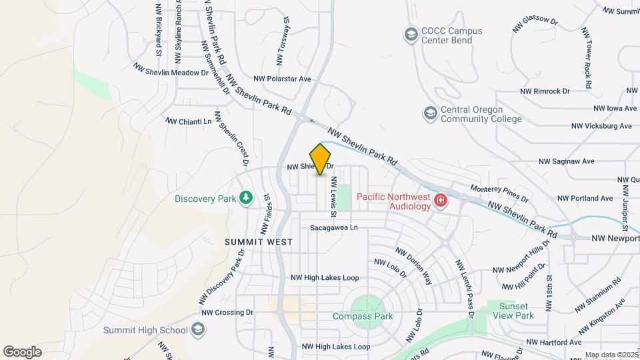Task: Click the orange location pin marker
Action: [x=321, y=159]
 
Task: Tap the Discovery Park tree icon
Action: [x=247, y=198]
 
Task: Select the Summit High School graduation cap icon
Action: [x=198, y=329]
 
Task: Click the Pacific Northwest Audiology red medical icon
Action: [x=440, y=201]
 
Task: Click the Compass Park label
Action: [x=363, y=317]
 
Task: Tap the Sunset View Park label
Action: [x=511, y=310]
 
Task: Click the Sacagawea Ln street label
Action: [x=334, y=227]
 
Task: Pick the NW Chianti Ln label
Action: [x=188, y=121]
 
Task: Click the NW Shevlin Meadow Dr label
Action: [x=171, y=70]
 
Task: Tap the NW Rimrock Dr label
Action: [x=545, y=91]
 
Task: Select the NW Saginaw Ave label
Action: [x=566, y=161]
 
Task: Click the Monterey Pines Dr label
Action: [x=499, y=194]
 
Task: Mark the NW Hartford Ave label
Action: [x=553, y=342]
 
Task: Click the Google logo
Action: [x=22, y=352]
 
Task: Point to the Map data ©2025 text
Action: [x=611, y=355]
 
